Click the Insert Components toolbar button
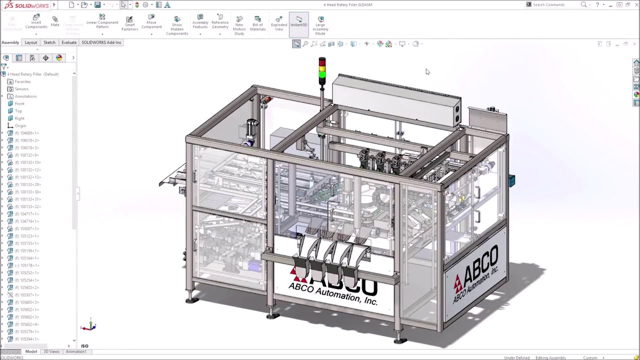pos(36,22)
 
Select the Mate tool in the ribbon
pos(55,21)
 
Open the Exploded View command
pos(279,24)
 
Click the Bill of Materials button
pos(258,24)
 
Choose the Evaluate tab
pos(69,42)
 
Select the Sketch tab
pos(49,42)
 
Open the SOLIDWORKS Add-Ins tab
pos(101,42)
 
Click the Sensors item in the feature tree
pos(21,89)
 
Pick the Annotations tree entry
pos(25,96)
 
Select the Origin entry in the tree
pos(20,126)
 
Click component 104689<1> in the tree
pos(29,133)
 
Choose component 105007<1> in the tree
pos(29,228)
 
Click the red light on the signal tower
pos(322,61)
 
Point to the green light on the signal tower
pos(322,75)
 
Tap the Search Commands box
pos(555,4)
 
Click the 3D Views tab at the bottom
pos(51,351)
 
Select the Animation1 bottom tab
pos(76,351)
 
